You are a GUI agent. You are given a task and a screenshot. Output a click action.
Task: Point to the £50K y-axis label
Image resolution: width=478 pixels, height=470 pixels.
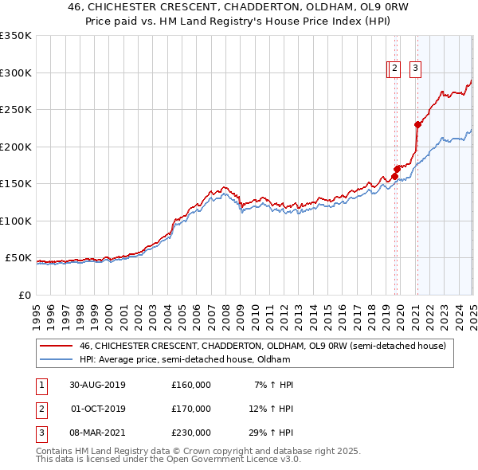[17, 258]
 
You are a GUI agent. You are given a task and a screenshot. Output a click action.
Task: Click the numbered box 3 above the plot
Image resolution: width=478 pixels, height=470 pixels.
[416, 69]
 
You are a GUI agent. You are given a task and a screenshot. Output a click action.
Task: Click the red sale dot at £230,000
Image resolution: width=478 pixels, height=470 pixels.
[417, 124]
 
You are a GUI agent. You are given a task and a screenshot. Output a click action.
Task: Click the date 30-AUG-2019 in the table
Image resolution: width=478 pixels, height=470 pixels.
[97, 385]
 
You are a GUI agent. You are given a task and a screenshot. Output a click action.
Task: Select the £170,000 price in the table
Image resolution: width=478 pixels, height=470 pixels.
[191, 409]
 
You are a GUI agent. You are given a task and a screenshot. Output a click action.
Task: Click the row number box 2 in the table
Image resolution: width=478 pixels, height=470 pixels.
[41, 409]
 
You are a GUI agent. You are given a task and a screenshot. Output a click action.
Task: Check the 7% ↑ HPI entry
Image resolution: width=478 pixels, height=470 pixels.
[273, 385]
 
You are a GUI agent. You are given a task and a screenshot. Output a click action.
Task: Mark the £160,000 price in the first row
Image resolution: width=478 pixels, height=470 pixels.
[191, 385]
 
